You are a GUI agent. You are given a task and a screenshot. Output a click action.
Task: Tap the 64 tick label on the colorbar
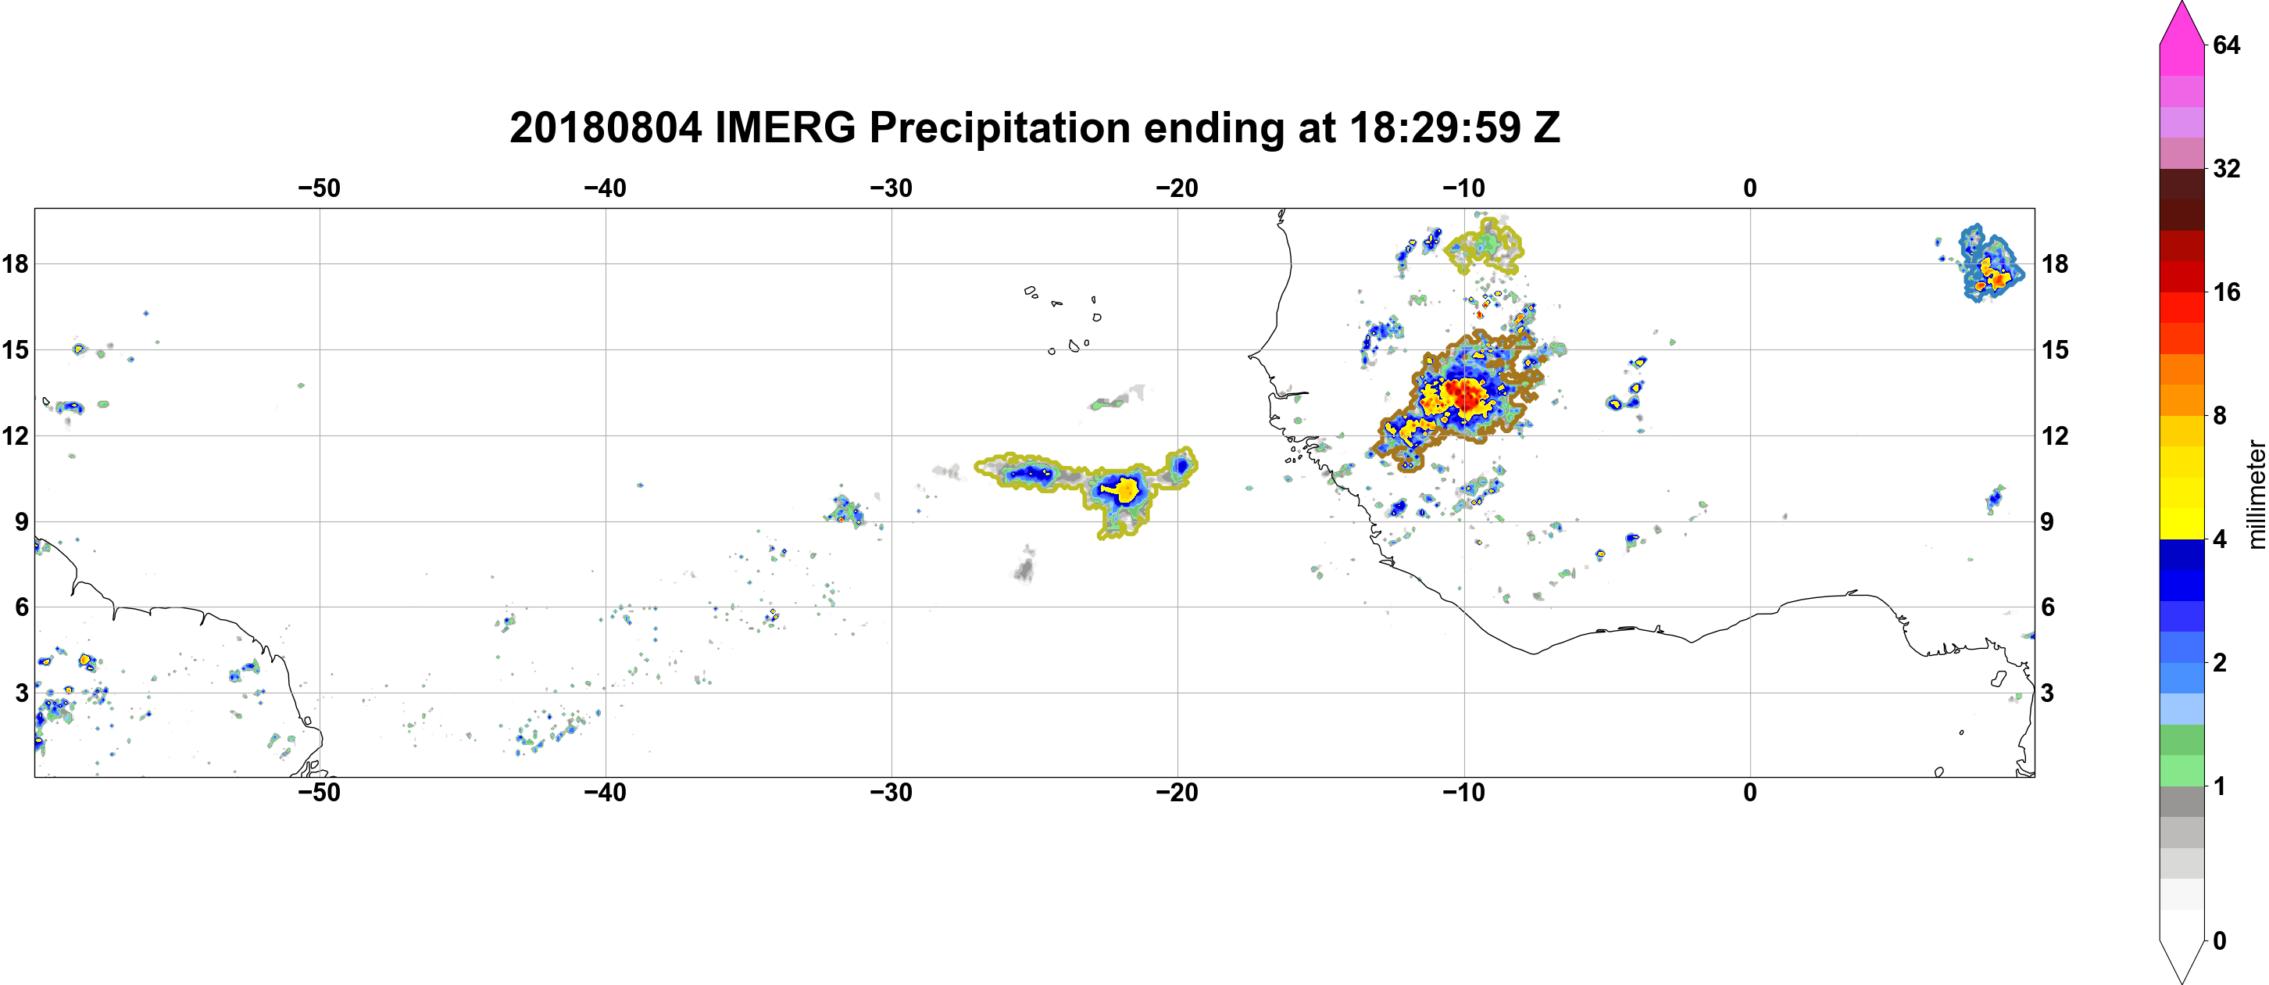click(2227, 45)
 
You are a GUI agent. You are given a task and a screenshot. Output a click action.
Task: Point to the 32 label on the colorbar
click(2227, 168)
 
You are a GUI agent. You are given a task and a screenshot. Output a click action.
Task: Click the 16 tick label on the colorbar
click(2227, 292)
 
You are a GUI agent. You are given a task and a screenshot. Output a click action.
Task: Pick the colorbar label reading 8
click(2220, 415)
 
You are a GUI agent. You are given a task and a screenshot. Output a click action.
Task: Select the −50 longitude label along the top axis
click(319, 188)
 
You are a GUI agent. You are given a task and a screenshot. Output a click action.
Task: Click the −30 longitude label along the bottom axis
click(892, 792)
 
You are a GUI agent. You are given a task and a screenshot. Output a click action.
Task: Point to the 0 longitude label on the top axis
click(1750, 188)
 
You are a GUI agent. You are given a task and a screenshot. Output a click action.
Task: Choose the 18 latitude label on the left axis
click(15, 263)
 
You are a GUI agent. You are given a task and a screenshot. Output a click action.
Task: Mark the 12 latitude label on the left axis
click(15, 435)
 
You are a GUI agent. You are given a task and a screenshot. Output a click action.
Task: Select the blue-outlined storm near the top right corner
click(1988, 264)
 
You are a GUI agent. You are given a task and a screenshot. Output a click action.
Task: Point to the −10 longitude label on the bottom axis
click(1464, 792)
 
